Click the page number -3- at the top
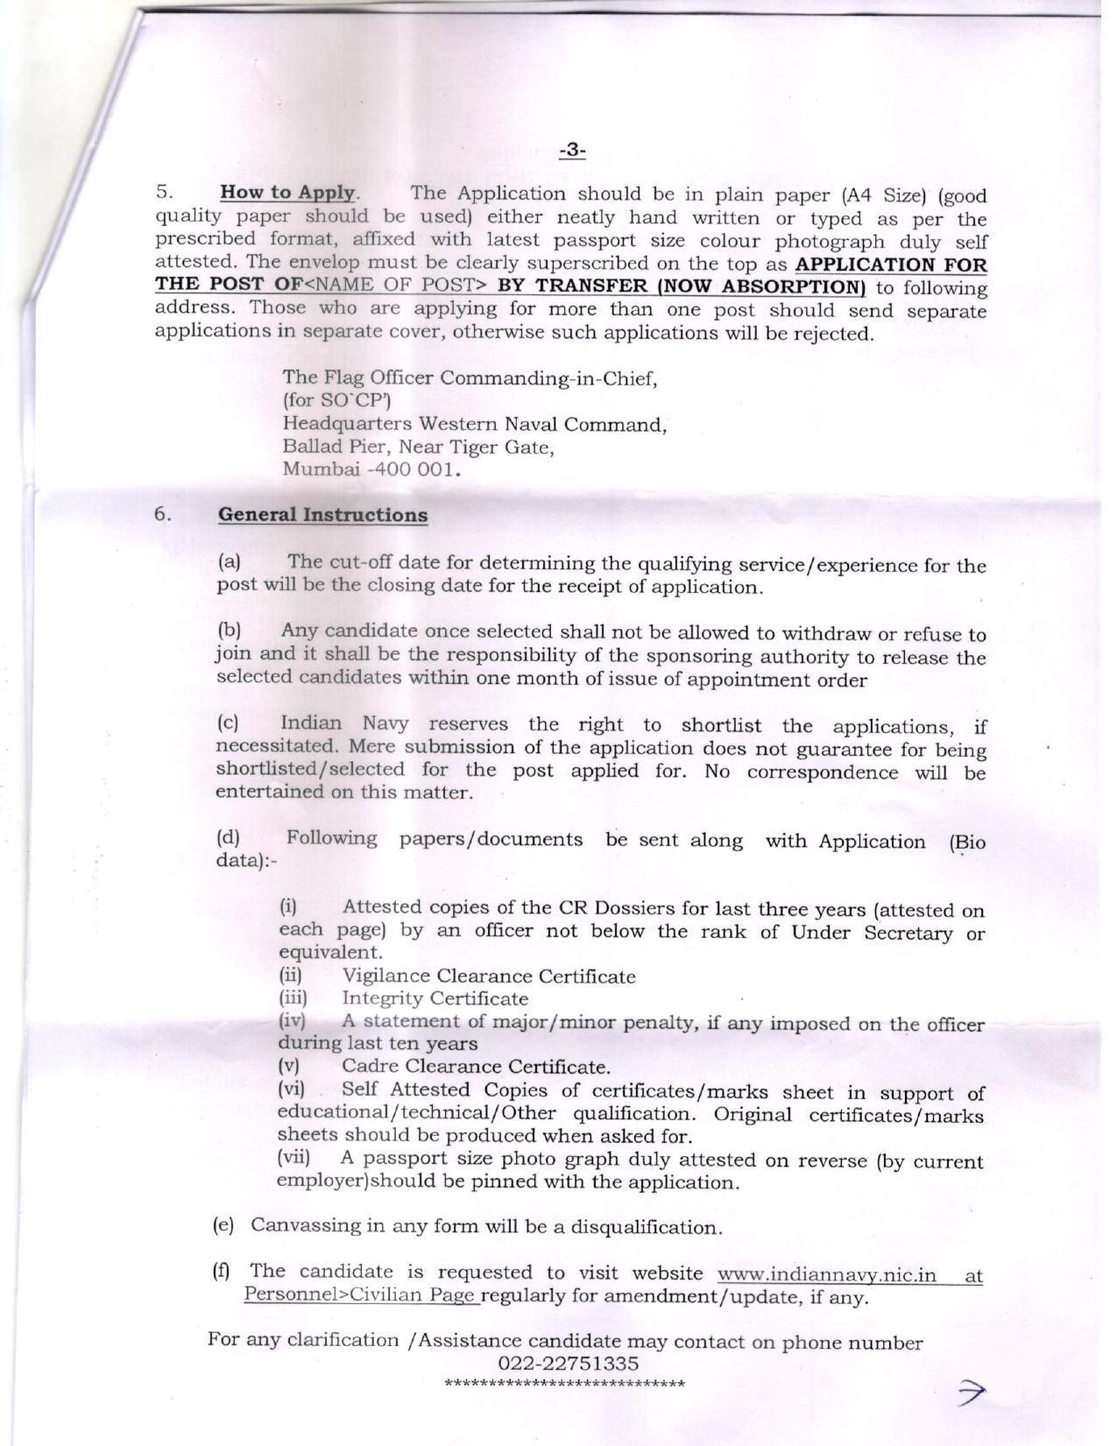[x=571, y=151]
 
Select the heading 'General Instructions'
[x=322, y=514]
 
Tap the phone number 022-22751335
[x=568, y=1363]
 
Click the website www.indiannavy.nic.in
[x=826, y=1273]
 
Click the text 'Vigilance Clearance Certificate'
[x=488, y=976]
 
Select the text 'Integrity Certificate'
[x=435, y=998]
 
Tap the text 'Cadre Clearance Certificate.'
[x=476, y=1067]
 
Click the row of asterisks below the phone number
[x=565, y=1384]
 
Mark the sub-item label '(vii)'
[x=294, y=1157]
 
